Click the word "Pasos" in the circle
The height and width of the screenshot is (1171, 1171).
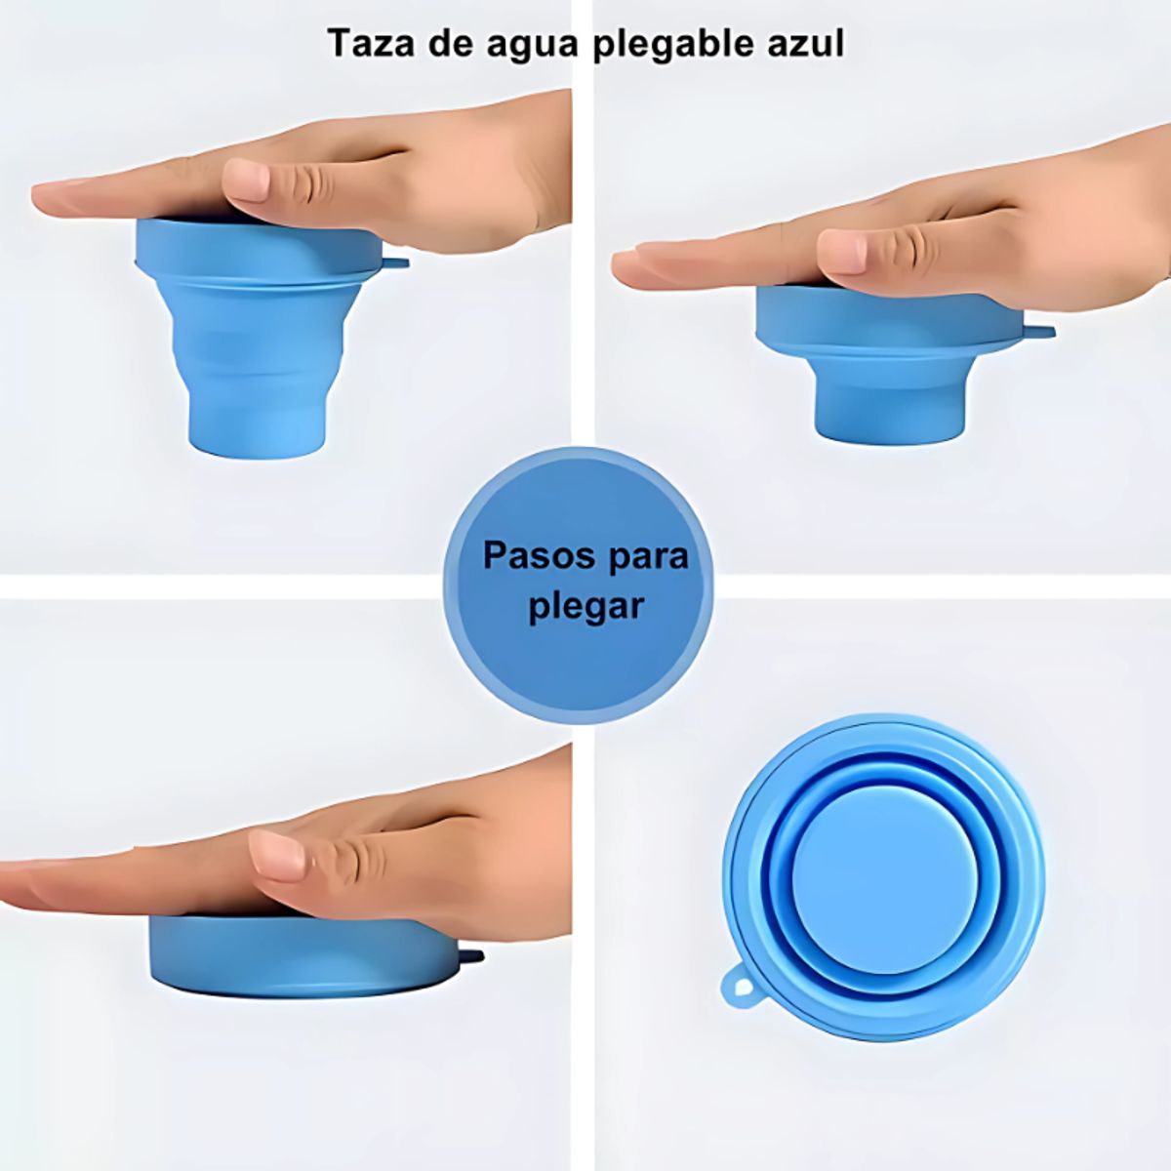click(540, 556)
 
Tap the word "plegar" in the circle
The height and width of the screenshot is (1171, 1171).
click(586, 607)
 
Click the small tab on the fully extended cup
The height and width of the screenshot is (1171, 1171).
click(395, 262)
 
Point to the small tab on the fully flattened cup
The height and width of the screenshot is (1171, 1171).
click(472, 955)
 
